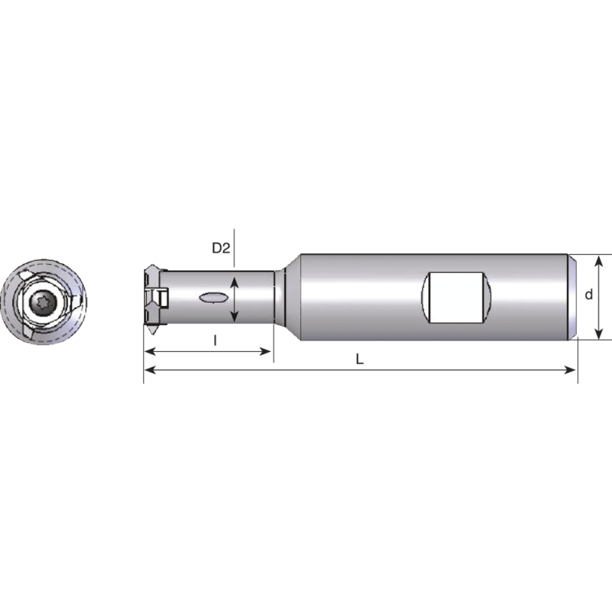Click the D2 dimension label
221,248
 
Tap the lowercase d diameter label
588,295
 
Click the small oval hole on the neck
213,298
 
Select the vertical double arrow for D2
236,298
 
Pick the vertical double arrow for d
600,297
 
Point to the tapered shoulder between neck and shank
284,297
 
